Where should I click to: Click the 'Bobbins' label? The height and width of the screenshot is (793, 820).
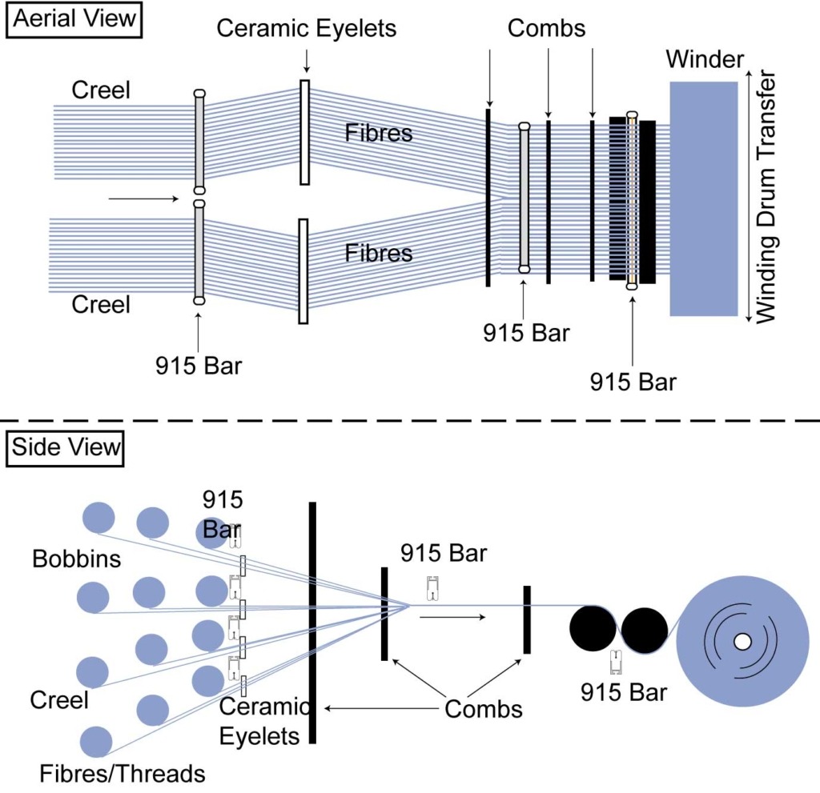point(76,559)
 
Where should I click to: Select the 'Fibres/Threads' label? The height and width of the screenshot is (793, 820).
point(123,773)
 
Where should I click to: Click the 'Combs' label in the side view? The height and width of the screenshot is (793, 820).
point(483,709)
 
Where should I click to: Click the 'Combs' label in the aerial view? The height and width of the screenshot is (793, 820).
point(546,30)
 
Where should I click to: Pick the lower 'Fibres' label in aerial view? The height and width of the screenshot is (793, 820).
point(379,253)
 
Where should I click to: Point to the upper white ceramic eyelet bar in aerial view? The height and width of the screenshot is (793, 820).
point(304,132)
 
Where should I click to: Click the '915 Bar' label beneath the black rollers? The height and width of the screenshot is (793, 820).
point(623,692)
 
